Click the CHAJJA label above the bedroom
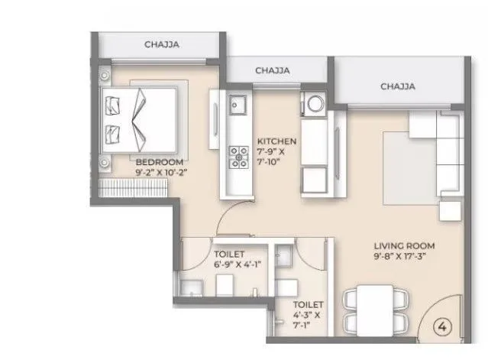coord(161,45)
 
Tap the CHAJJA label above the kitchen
coord(272,70)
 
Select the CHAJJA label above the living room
coord(398,86)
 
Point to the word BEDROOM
coord(160,162)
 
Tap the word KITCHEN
coord(276,142)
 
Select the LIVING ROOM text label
coord(404,245)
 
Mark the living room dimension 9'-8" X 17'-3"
coord(404,257)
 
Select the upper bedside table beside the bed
coord(105,74)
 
